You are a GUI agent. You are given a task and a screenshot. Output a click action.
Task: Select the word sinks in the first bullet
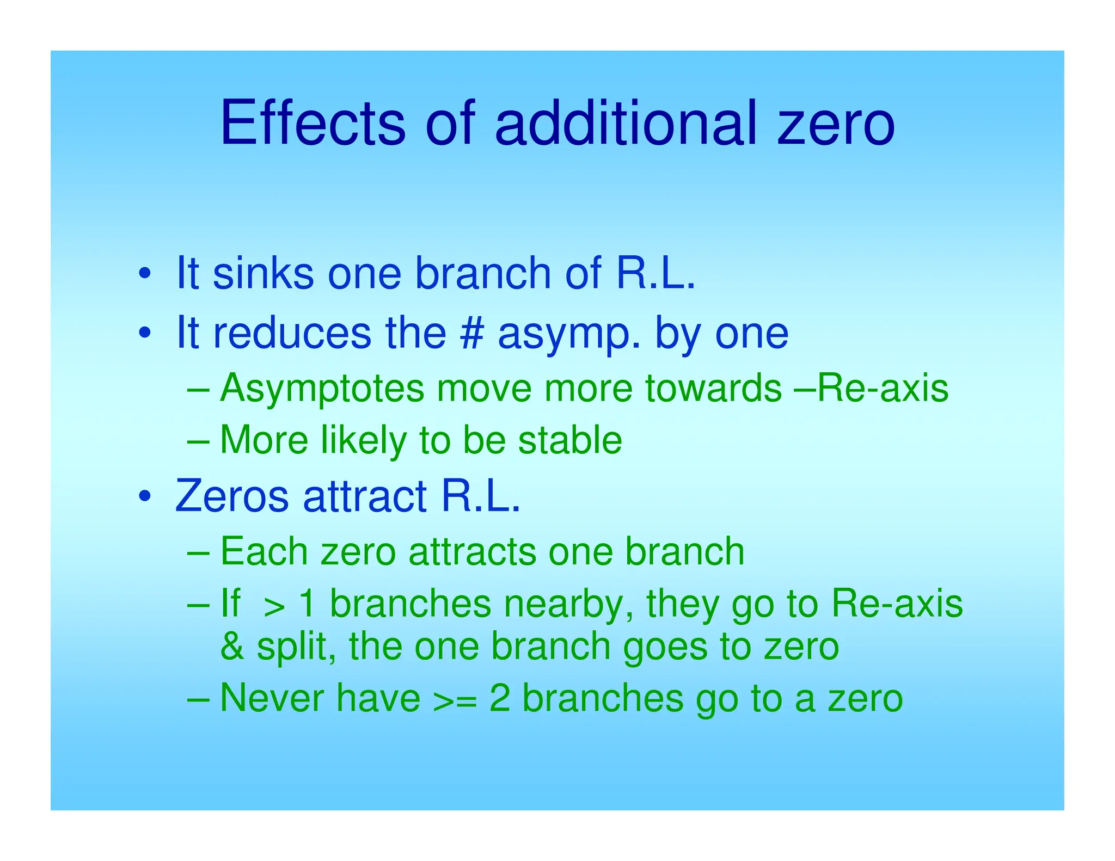pos(263,273)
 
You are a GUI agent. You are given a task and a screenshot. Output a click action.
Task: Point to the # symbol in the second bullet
pos(471,333)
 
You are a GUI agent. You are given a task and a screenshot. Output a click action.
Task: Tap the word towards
pos(713,389)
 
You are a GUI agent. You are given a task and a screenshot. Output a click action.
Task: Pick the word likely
pos(364,441)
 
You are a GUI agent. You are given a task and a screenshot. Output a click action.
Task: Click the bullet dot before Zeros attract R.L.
pos(144,496)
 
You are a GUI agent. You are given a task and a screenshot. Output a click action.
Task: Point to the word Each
pos(264,551)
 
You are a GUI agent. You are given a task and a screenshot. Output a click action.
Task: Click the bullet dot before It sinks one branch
pos(144,273)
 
